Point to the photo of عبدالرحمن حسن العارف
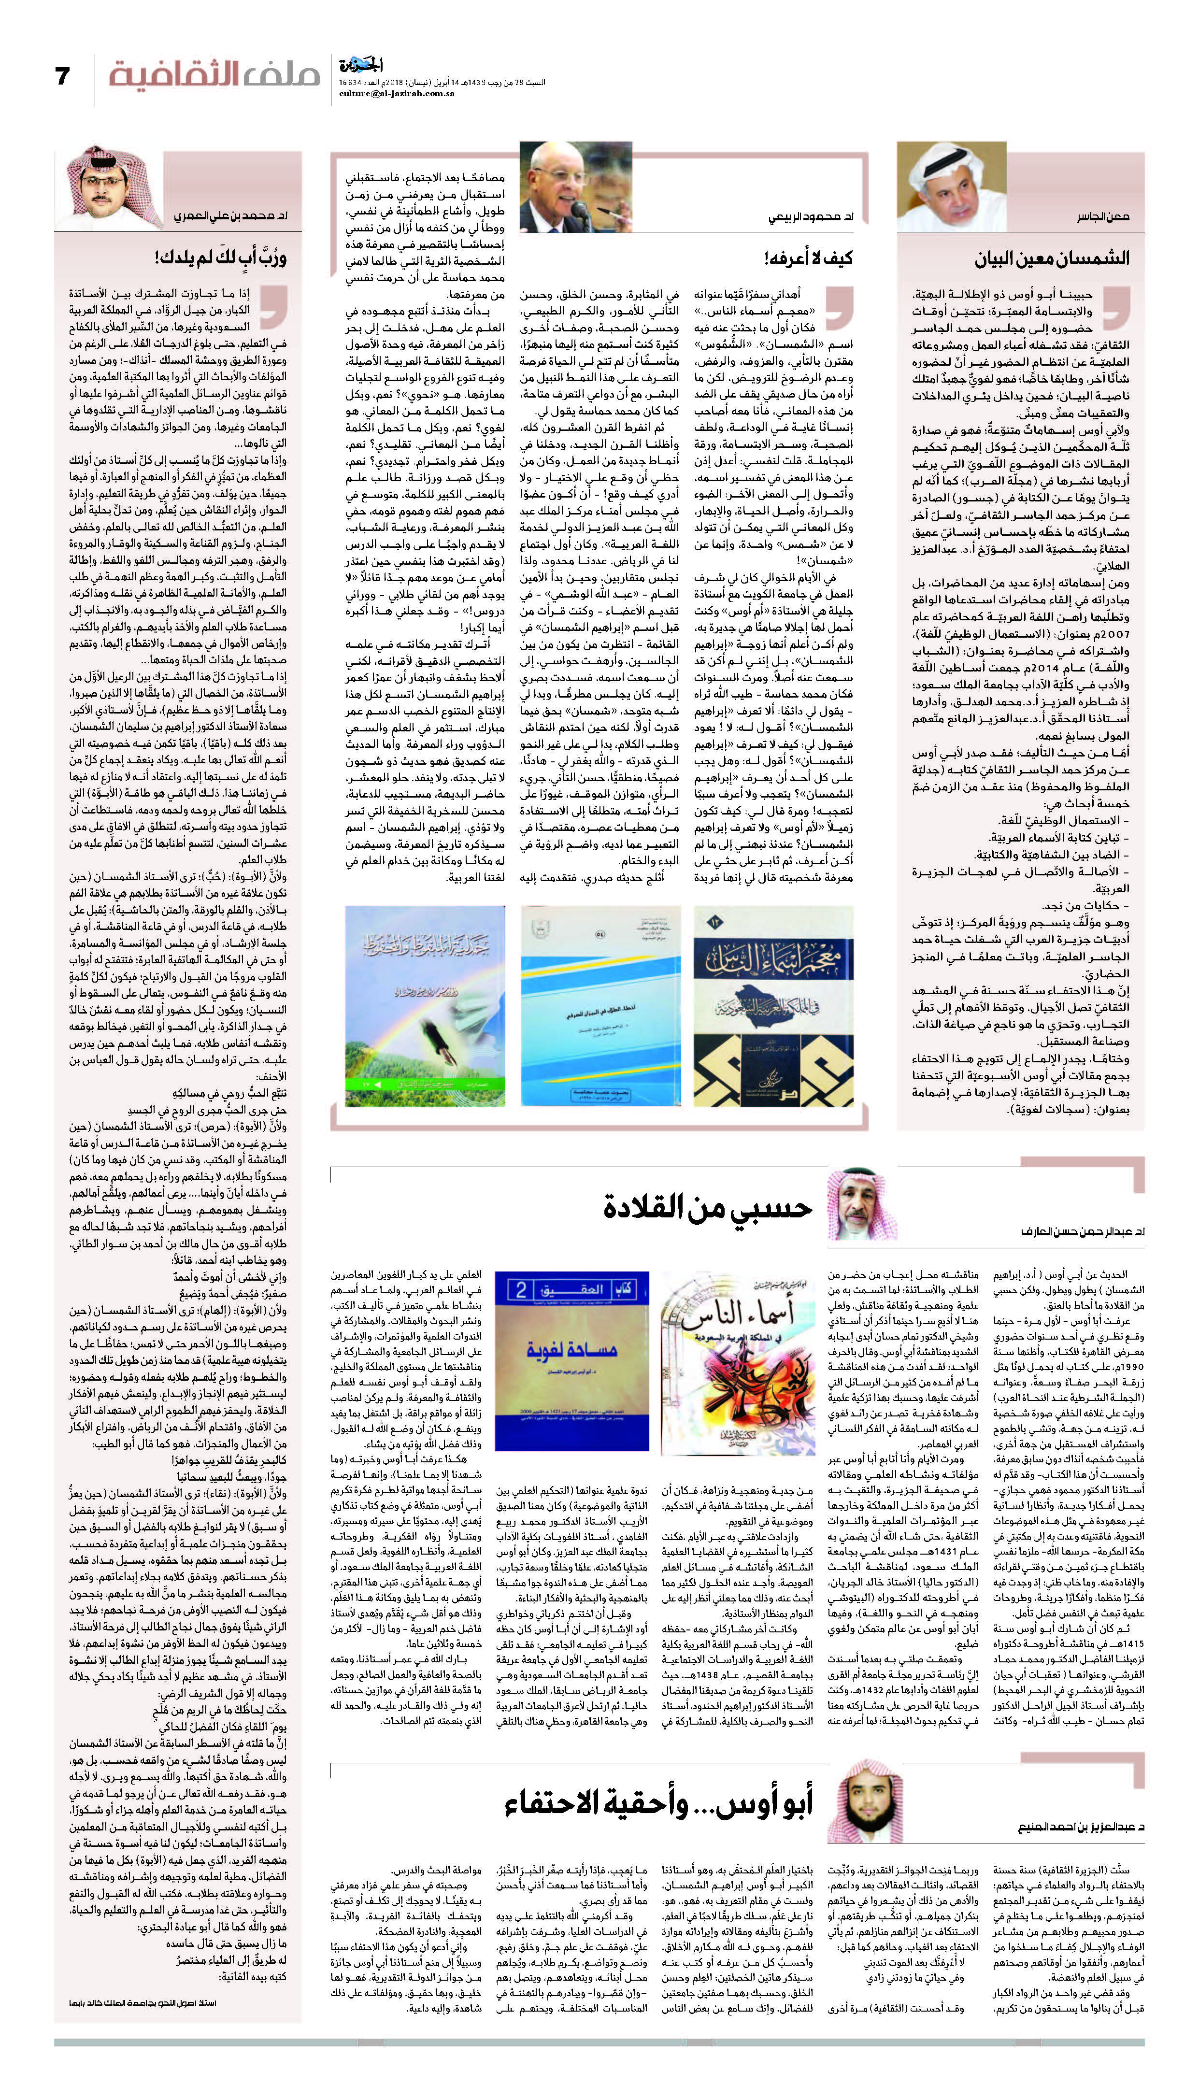click(856, 1204)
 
